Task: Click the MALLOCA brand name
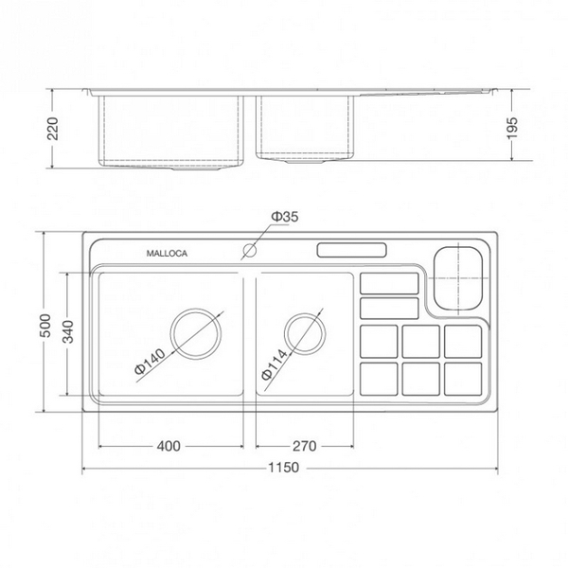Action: (x=167, y=254)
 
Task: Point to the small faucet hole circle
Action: (x=251, y=252)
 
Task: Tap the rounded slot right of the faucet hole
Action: (x=350, y=251)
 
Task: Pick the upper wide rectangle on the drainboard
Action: (x=389, y=283)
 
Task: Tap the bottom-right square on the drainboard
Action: (x=463, y=379)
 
